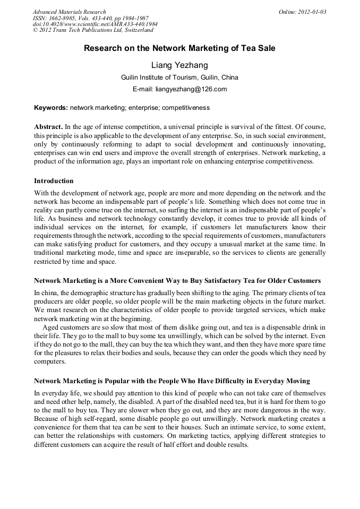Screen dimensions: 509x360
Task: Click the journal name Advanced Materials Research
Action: click(69, 12)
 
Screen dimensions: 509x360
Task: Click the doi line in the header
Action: click(95, 24)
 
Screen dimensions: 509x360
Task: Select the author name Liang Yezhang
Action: click(179, 65)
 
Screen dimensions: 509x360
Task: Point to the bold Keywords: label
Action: click(51, 108)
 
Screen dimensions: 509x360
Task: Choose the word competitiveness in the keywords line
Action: click(186, 108)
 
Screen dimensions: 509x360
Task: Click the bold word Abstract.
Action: click(48, 127)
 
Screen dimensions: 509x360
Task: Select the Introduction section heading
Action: click(54, 181)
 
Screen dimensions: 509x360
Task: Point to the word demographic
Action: click(81, 292)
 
